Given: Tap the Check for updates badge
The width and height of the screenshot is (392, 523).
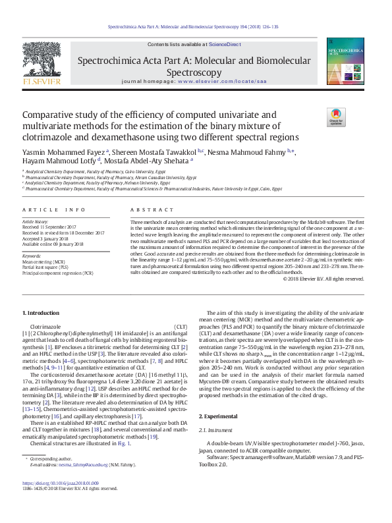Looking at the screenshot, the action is (336, 117).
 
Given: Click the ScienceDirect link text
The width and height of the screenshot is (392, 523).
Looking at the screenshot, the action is (223, 44).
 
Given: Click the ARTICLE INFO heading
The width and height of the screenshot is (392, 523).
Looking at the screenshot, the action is (54, 209).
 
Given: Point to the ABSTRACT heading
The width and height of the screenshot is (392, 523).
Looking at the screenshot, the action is (143, 209).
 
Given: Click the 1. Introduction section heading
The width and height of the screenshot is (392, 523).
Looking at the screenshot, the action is (41, 312).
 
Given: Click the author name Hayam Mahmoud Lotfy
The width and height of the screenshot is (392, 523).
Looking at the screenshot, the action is (59, 159).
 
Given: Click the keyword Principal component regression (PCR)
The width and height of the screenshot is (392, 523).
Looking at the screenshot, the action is (57, 272).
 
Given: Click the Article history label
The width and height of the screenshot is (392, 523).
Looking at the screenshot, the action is (36, 222).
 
